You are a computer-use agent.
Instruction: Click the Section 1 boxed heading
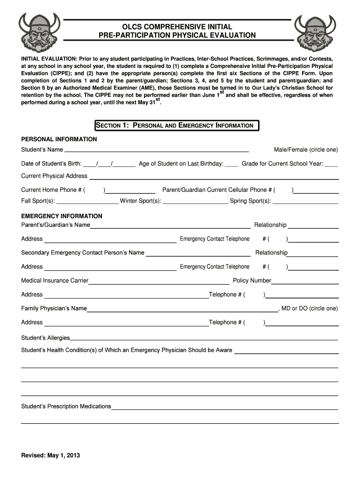(x=176, y=125)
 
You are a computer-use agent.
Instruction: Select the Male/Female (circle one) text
(x=305, y=150)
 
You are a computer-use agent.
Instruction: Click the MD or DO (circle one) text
(x=309, y=309)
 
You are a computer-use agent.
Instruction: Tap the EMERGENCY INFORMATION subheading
(x=62, y=216)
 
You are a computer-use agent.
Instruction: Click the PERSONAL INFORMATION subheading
(x=59, y=139)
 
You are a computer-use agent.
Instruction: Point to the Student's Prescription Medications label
(x=66, y=406)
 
